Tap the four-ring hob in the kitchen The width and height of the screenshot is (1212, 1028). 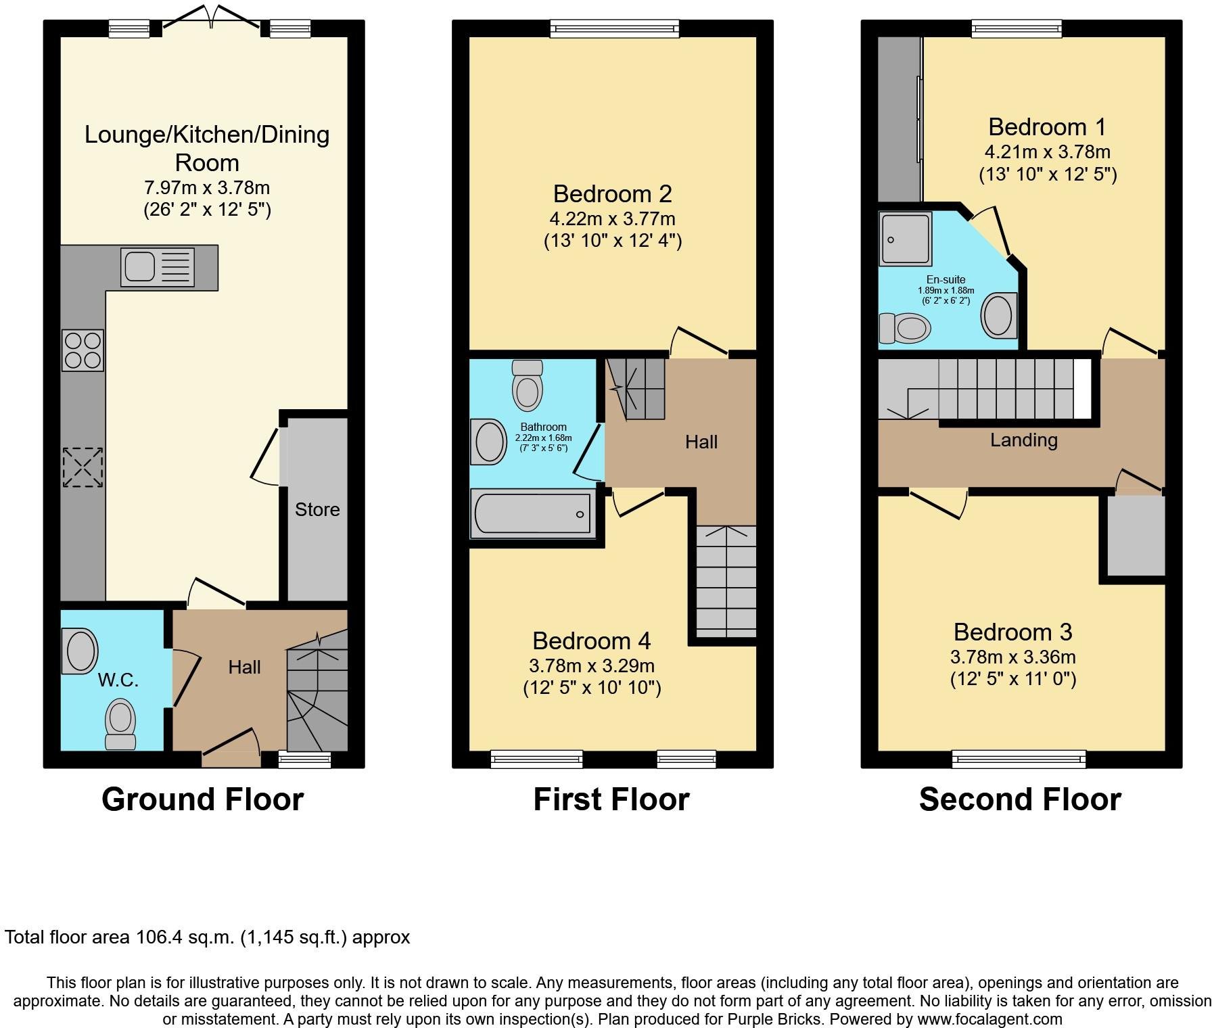(x=83, y=350)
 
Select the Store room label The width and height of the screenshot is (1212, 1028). (x=317, y=509)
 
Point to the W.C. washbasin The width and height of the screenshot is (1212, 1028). (x=80, y=651)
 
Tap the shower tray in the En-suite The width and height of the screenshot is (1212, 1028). (x=906, y=238)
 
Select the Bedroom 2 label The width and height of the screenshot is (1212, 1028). (x=612, y=194)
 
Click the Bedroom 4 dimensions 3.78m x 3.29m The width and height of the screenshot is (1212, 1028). (x=592, y=665)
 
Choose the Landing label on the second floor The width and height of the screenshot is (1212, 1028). (x=1023, y=440)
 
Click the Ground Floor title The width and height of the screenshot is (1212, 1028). (x=202, y=799)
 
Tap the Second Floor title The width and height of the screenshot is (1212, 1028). (x=1019, y=799)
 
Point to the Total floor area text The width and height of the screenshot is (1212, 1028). (x=207, y=937)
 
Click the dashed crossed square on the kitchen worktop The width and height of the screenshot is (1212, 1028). (x=83, y=467)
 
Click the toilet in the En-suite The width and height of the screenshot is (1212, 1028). (x=905, y=329)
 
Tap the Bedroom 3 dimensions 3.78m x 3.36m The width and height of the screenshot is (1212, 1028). (x=1012, y=657)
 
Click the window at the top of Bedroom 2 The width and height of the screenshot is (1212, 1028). (x=614, y=28)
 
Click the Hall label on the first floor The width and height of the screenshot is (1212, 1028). (x=701, y=442)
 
